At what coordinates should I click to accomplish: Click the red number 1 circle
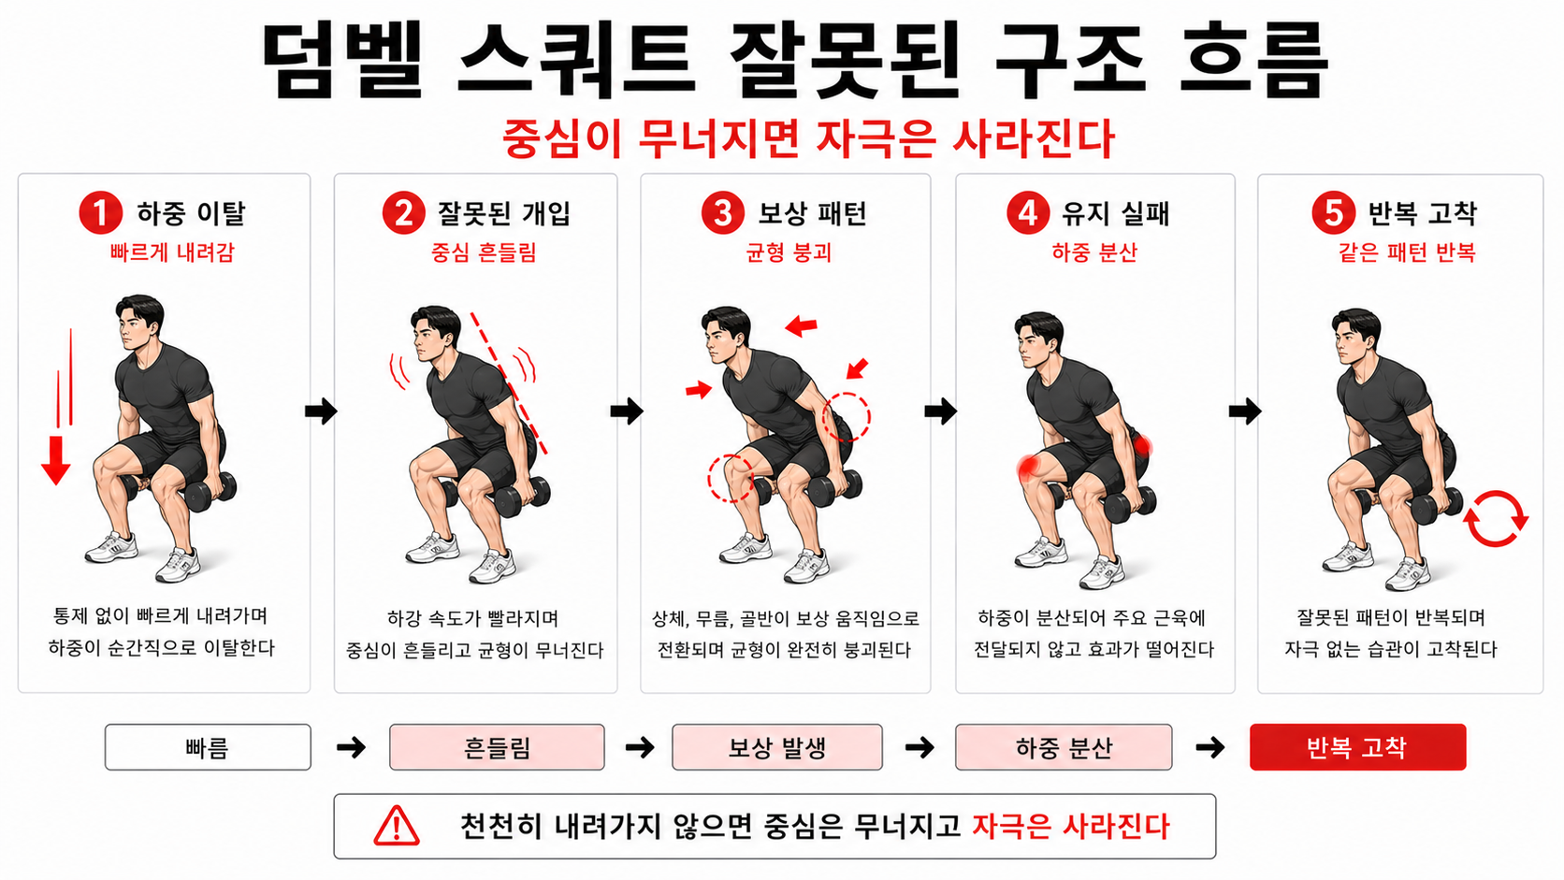pyautogui.click(x=101, y=213)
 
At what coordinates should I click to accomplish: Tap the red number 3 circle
pyautogui.click(x=722, y=213)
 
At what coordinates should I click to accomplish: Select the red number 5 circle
pyautogui.click(x=1333, y=213)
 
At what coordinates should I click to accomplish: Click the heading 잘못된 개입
pyautogui.click(x=503, y=213)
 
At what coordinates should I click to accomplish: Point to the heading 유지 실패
pyautogui.click(x=1116, y=213)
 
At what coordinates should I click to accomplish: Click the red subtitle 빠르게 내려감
pyautogui.click(x=172, y=252)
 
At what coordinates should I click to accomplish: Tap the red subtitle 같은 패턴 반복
pyautogui.click(x=1407, y=252)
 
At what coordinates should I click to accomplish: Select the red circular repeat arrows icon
pyautogui.click(x=1495, y=518)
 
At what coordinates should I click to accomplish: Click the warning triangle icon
pyautogui.click(x=397, y=827)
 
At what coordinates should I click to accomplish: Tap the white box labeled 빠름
pyautogui.click(x=208, y=747)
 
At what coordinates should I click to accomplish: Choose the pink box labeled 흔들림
pyautogui.click(x=497, y=747)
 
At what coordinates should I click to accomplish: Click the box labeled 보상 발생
pyautogui.click(x=776, y=747)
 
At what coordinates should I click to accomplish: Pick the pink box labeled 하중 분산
pyautogui.click(x=1064, y=747)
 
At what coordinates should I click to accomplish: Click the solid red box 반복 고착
pyautogui.click(x=1357, y=747)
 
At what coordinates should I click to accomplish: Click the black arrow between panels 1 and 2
pyautogui.click(x=321, y=411)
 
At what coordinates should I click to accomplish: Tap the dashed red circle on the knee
pyautogui.click(x=731, y=478)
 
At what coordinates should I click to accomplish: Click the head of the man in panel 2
pyautogui.click(x=434, y=332)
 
